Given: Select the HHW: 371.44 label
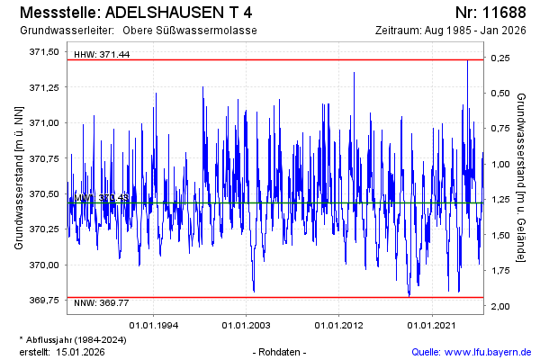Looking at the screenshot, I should click(x=102, y=55).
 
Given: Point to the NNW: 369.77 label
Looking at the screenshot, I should click(x=102, y=303).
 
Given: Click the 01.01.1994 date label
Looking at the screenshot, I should click(x=155, y=324).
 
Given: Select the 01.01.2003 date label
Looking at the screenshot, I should click(x=247, y=324).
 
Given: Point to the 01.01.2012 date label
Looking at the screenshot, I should click(x=340, y=324).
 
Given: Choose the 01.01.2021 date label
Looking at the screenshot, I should click(x=433, y=324).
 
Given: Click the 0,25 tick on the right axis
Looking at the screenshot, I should click(x=500, y=58).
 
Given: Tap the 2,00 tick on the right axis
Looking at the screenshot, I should click(x=500, y=307).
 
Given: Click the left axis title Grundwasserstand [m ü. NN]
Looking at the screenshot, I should click(x=18, y=176).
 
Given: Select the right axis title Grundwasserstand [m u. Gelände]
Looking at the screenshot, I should click(x=522, y=176).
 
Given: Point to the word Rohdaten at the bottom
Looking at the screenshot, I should click(x=282, y=352).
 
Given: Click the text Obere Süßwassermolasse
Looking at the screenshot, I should click(x=196, y=31).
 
